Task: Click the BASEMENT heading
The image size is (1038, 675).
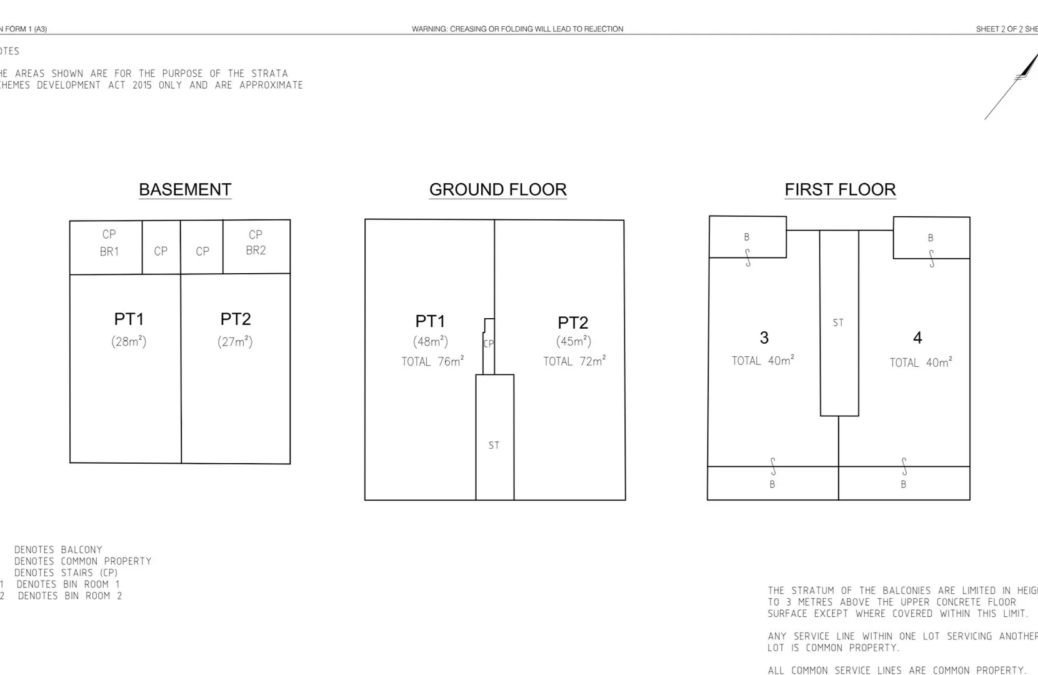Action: (x=185, y=189)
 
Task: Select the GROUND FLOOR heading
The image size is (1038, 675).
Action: (x=497, y=189)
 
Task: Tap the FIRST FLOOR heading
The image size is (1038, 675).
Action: (x=840, y=189)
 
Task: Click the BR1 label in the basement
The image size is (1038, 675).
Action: (x=109, y=251)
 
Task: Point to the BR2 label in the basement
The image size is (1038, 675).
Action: (x=256, y=250)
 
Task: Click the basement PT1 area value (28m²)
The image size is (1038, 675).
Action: (x=129, y=341)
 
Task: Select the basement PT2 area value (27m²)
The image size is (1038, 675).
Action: (x=235, y=341)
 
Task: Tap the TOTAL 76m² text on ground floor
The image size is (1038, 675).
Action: (x=432, y=361)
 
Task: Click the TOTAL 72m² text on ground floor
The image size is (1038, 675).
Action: (x=574, y=361)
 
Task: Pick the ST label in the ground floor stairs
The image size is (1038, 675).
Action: (x=494, y=445)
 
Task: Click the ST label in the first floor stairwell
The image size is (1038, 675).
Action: (x=838, y=322)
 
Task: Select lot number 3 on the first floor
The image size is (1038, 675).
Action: (x=764, y=337)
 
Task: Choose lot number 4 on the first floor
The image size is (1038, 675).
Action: (x=917, y=337)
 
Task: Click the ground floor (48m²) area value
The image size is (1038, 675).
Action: (x=430, y=342)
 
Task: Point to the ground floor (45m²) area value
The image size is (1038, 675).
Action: (x=573, y=341)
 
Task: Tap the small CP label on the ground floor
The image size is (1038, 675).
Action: (x=489, y=343)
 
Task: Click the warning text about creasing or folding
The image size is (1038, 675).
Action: (x=517, y=29)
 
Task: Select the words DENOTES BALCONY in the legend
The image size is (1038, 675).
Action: (x=58, y=549)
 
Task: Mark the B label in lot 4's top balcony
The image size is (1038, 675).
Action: (x=930, y=237)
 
